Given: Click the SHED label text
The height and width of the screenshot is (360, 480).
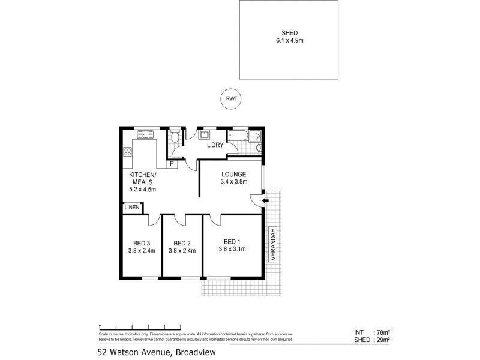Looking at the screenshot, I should pyautogui.click(x=289, y=33).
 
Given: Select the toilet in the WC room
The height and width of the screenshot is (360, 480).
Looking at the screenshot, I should pyautogui.click(x=174, y=138).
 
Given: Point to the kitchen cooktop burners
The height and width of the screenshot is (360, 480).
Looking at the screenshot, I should pyautogui.click(x=127, y=151).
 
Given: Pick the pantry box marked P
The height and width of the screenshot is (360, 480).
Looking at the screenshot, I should pyautogui.click(x=172, y=164).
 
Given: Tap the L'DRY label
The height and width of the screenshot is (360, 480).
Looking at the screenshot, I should pyautogui.click(x=215, y=146).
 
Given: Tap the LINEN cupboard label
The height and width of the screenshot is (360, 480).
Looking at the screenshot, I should pyautogui.click(x=132, y=208).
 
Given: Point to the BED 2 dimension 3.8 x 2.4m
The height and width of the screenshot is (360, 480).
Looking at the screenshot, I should pyautogui.click(x=182, y=251).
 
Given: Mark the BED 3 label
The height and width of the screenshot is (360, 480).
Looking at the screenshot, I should pyautogui.click(x=142, y=243).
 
